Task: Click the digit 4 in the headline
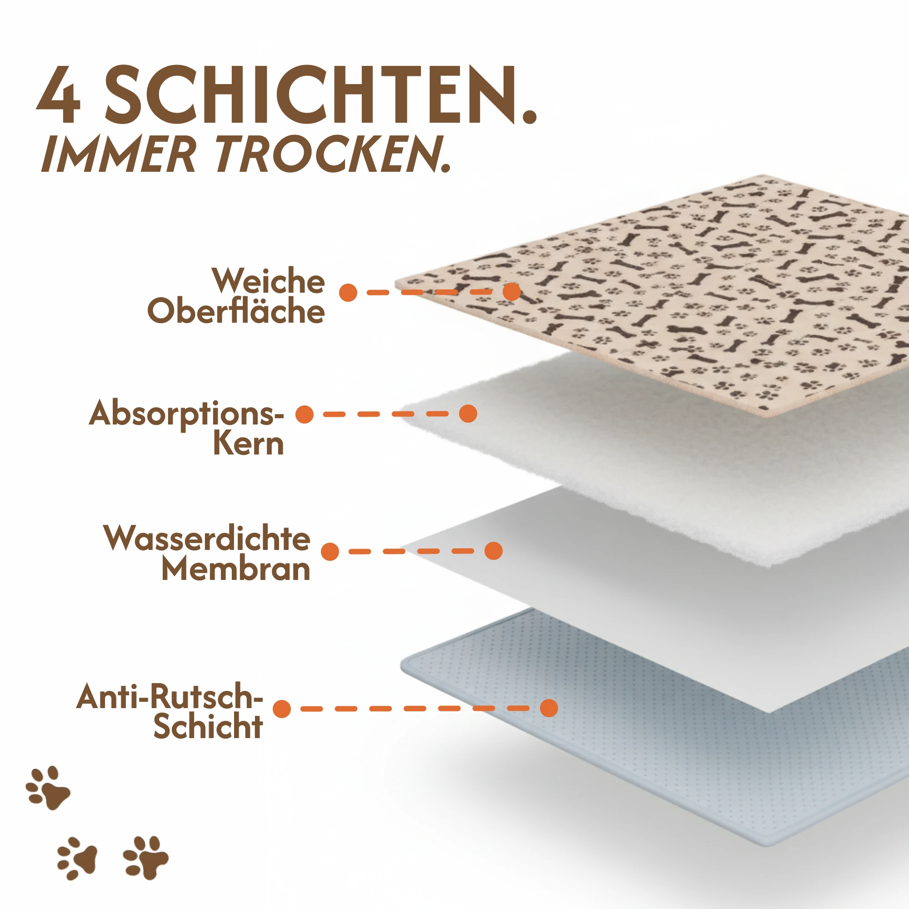pyautogui.click(x=58, y=95)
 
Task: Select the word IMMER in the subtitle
pyautogui.click(x=118, y=154)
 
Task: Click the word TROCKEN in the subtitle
pyautogui.click(x=333, y=154)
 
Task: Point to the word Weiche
pyautogui.click(x=268, y=281)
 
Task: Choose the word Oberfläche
pyautogui.click(x=236, y=310)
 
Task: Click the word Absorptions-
pyautogui.click(x=187, y=414)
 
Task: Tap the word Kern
pyautogui.click(x=249, y=443)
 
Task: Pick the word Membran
pyautogui.click(x=236, y=569)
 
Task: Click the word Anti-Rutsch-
pyautogui.click(x=170, y=696)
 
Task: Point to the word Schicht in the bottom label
pyautogui.click(x=208, y=726)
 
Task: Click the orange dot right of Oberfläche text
pyautogui.click(x=348, y=293)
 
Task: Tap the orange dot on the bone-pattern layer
pyautogui.click(x=512, y=292)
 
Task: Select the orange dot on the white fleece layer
pyautogui.click(x=468, y=414)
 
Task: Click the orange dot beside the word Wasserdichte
pyautogui.click(x=330, y=551)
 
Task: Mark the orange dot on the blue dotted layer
pyautogui.click(x=549, y=708)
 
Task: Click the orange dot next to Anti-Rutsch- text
pyautogui.click(x=282, y=709)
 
